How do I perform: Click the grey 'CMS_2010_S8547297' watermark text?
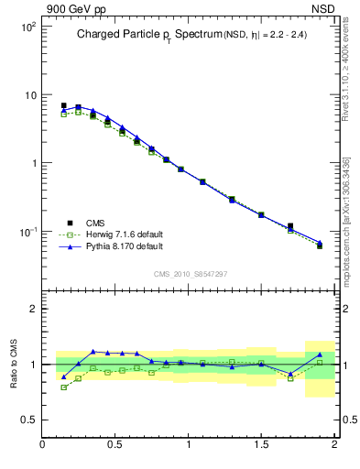[x=190, y=273]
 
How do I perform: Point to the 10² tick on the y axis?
[x=28, y=27]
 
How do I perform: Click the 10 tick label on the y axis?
[x=30, y=95]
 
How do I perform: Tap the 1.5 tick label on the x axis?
[x=262, y=446]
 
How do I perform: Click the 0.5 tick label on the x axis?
[x=115, y=446]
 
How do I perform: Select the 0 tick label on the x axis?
[x=43, y=446]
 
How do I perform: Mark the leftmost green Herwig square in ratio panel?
[x=63, y=387]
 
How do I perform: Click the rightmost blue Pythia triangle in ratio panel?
[x=320, y=354]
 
